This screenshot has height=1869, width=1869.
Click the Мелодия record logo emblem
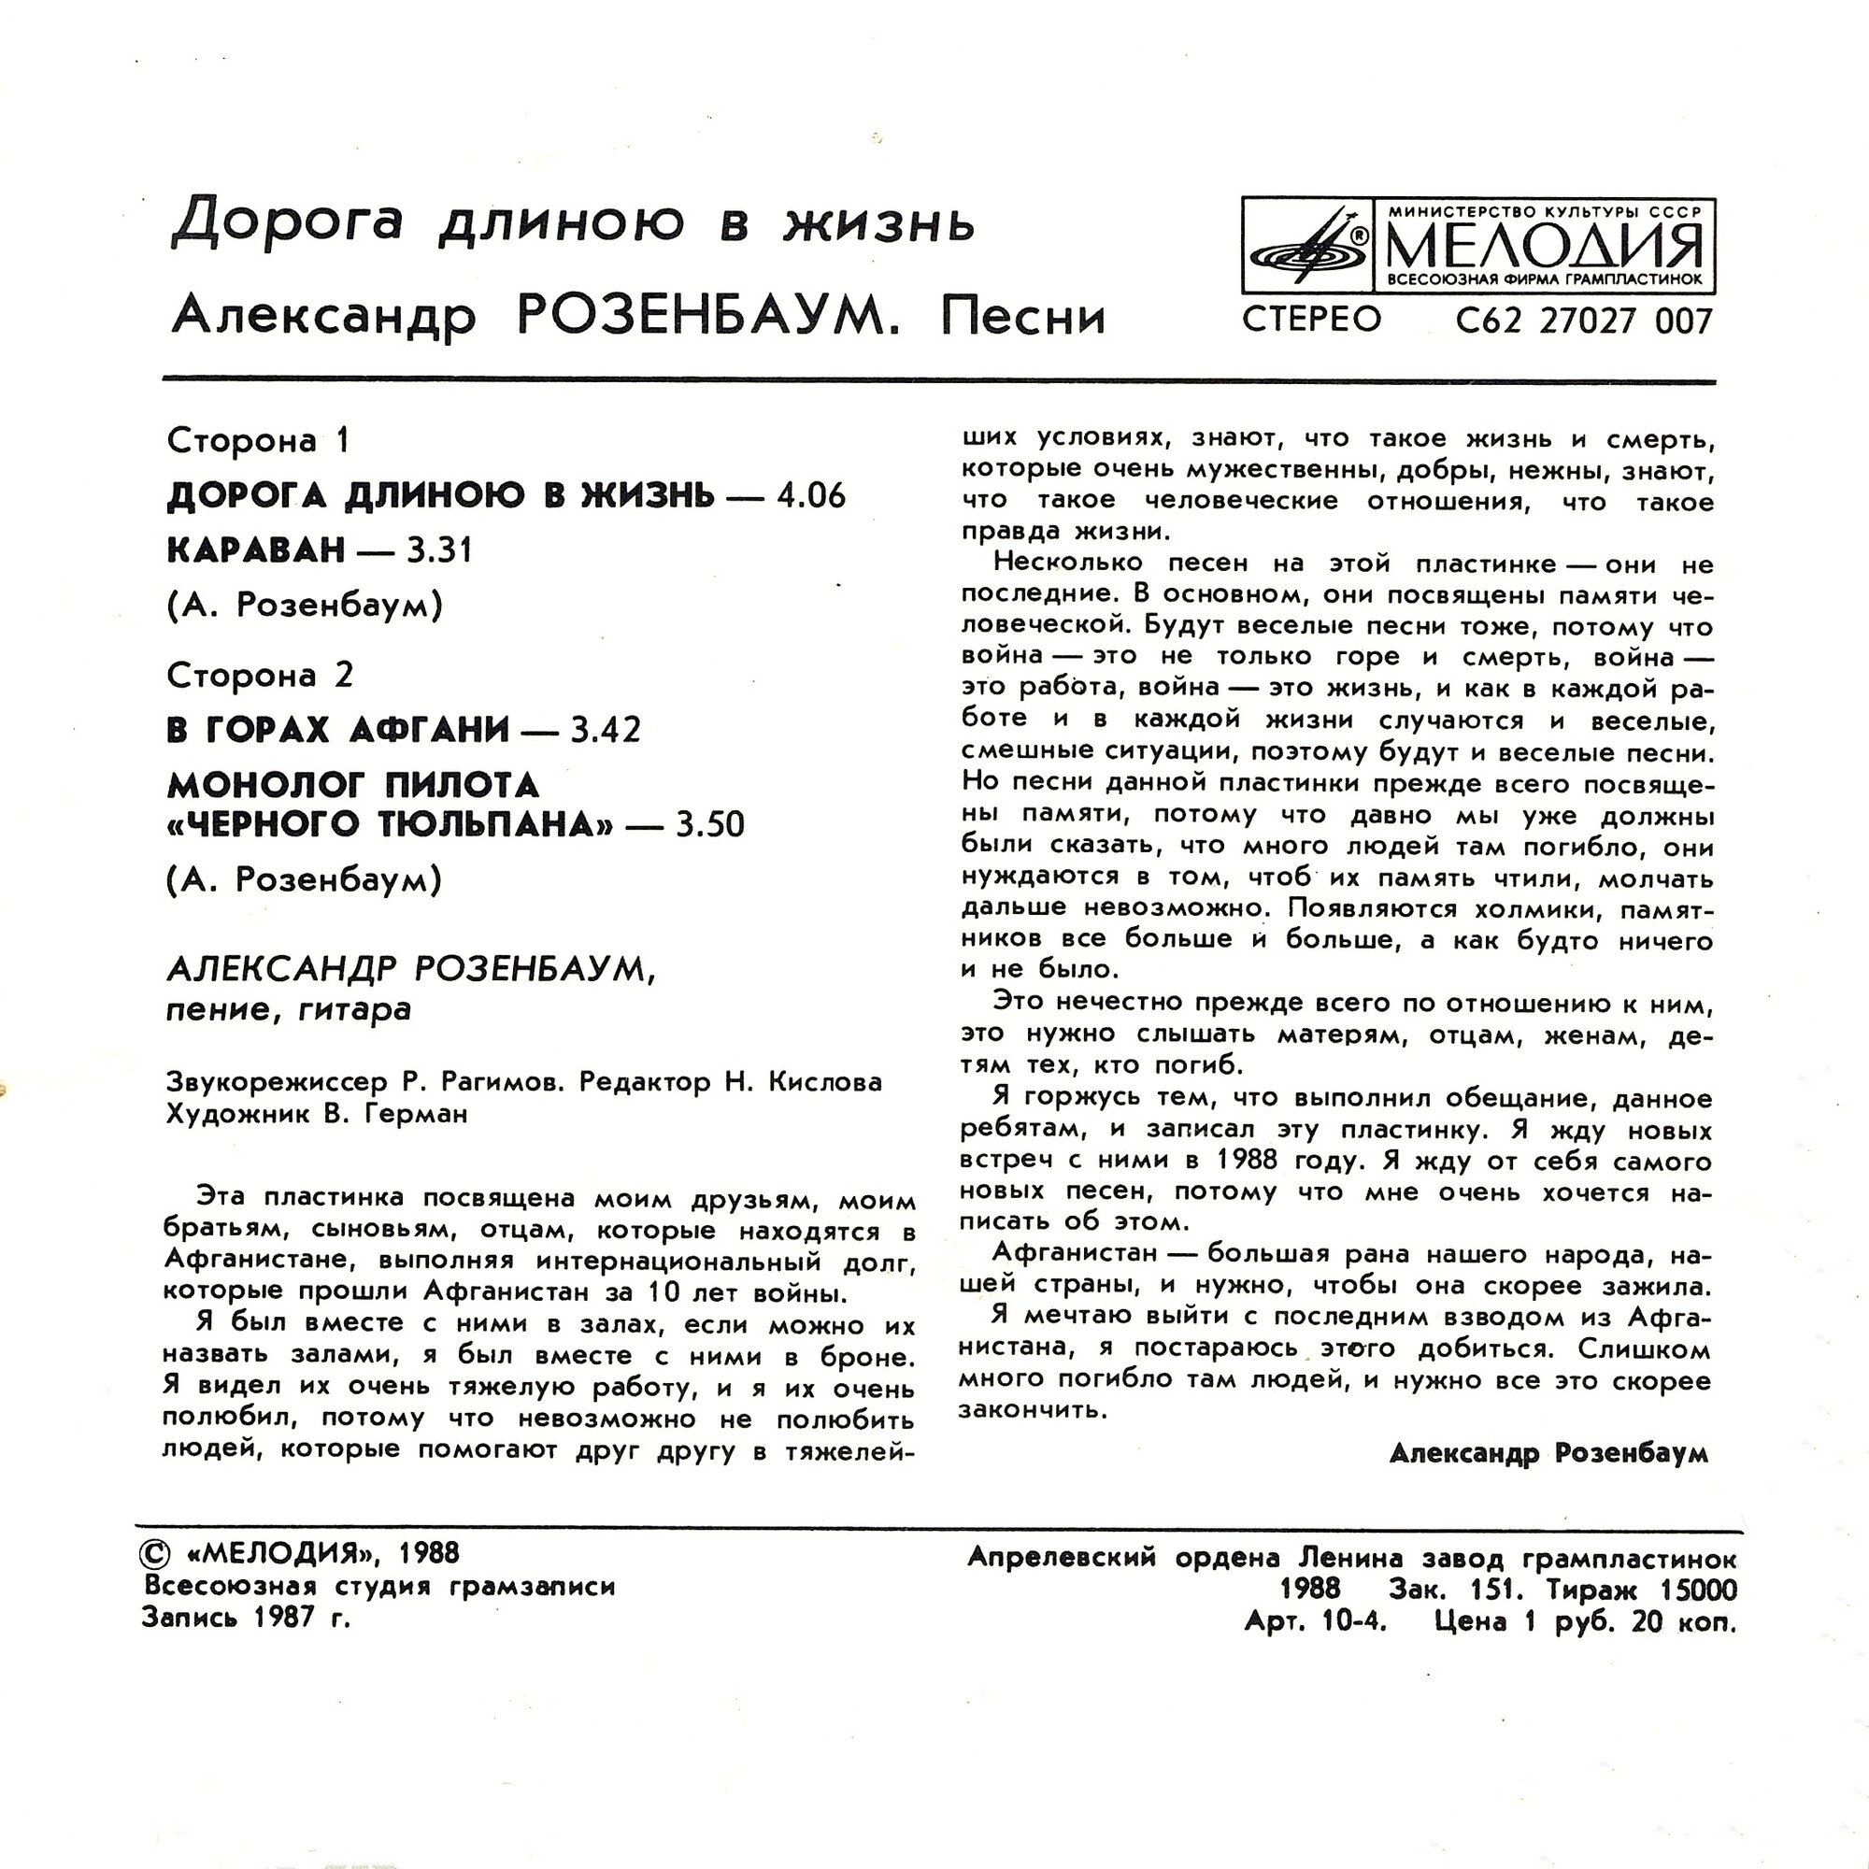coord(1311,246)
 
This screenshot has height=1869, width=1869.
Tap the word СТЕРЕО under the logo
coord(1312,320)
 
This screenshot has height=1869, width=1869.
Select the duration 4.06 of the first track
coord(810,496)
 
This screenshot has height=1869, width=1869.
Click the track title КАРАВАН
coord(255,550)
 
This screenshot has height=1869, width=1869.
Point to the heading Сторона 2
coord(260,676)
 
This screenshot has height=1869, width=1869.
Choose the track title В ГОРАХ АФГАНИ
coord(337,730)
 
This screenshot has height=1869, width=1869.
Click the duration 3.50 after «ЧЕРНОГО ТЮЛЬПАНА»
coord(709,825)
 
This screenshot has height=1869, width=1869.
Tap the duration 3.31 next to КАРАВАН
coord(439,550)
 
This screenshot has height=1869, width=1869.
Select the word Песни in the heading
coord(1022,317)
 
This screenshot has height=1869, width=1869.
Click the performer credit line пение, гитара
coord(288,1010)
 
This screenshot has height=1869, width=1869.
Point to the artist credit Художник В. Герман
coord(317,1115)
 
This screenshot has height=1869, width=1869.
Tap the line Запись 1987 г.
coord(246,1618)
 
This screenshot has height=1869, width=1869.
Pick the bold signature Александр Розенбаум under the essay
coord(1548,1454)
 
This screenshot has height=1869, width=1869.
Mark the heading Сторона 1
coord(258,441)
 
